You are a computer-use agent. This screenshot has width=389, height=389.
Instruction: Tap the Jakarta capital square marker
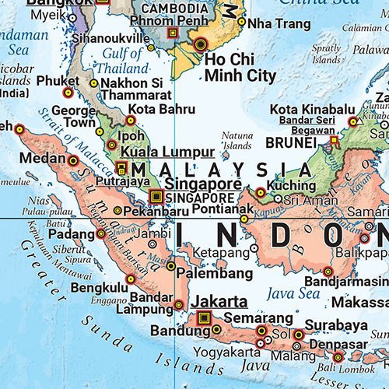tap(205, 317)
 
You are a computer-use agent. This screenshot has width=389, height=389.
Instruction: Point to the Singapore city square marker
tap(156, 196)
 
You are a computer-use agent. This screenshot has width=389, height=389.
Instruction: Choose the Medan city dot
tap(74, 161)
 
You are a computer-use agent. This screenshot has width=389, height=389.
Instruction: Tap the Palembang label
tap(214, 274)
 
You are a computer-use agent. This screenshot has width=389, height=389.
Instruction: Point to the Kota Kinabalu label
tap(307, 110)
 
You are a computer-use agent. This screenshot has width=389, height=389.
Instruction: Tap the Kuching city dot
tap(260, 192)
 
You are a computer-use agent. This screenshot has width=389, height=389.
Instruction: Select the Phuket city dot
tap(68, 93)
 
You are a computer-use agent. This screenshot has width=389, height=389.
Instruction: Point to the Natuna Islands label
tap(237, 140)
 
